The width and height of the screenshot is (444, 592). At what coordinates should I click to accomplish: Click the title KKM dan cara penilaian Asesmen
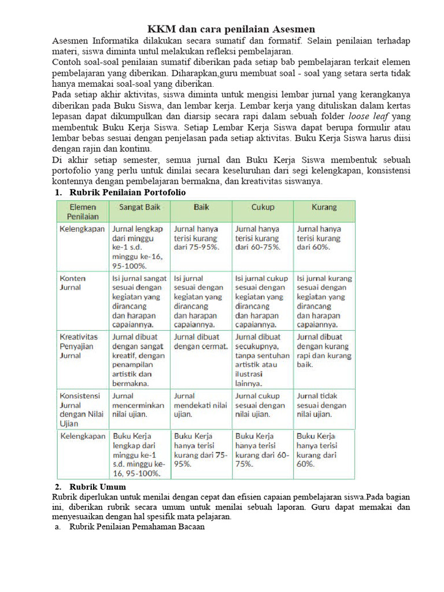[x=231, y=28]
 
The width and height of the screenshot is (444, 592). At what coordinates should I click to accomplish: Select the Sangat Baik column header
[x=139, y=206]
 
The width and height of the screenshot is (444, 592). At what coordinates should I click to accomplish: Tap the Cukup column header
[x=262, y=206]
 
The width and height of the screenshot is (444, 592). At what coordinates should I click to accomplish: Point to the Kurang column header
[x=324, y=206]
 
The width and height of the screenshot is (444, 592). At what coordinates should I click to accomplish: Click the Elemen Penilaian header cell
[x=82, y=211]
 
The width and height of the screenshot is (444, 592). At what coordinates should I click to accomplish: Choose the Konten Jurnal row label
[x=71, y=282]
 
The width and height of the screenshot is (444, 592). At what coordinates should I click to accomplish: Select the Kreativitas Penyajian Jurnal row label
[x=79, y=346]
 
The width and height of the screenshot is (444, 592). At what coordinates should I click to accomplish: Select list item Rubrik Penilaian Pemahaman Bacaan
[x=136, y=527]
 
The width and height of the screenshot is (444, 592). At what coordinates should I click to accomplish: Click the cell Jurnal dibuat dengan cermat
[x=201, y=341]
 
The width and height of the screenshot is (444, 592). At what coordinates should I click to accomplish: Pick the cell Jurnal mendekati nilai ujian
[x=200, y=405]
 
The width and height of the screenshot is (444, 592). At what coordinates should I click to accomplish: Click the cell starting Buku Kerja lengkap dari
[x=139, y=454]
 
